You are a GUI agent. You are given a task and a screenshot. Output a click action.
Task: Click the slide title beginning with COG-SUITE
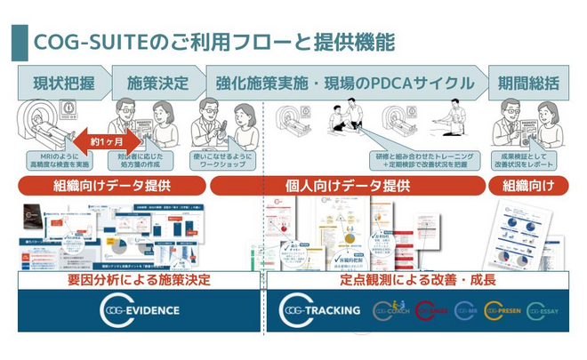click(x=213, y=42)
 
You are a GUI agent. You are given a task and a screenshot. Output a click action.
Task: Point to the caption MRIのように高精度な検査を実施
click(x=60, y=160)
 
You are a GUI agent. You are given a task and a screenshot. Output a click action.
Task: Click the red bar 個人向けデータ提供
click(x=347, y=187)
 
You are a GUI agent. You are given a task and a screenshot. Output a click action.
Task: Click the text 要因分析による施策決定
click(x=140, y=280)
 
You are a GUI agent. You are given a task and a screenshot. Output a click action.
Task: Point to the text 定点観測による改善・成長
click(x=419, y=280)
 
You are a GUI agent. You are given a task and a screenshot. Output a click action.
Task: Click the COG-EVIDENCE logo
click(x=140, y=310)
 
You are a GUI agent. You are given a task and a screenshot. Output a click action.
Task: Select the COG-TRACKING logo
click(x=320, y=310)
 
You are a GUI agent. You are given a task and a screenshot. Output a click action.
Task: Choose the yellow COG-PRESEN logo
click(x=502, y=310)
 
